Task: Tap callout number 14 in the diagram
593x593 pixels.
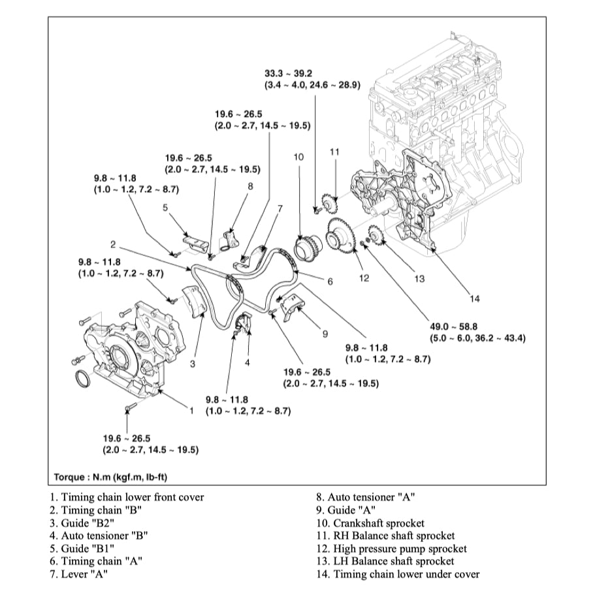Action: tap(475, 299)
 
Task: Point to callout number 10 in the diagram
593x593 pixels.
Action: tap(298, 157)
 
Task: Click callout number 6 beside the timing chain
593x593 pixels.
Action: tap(330, 281)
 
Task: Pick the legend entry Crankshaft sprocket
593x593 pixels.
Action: tap(370, 523)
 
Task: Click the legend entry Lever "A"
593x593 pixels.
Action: tap(78, 574)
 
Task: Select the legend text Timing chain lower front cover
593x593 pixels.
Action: tap(126, 497)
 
